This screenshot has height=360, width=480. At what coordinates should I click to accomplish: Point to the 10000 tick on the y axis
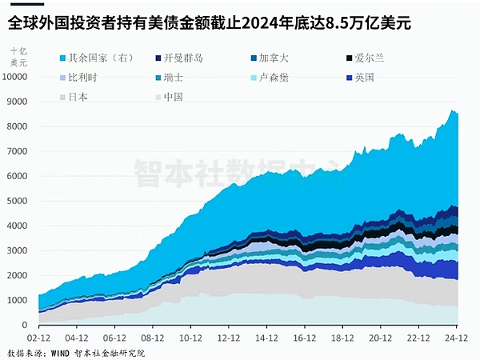pos(15,77)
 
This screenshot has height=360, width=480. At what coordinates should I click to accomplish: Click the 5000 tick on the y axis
pos(18,201)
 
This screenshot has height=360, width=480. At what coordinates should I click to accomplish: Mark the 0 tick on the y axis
pos(25,325)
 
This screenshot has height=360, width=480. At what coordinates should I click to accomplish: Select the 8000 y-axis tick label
pos(18,126)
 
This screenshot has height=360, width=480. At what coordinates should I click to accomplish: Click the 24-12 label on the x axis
pos(457,338)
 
